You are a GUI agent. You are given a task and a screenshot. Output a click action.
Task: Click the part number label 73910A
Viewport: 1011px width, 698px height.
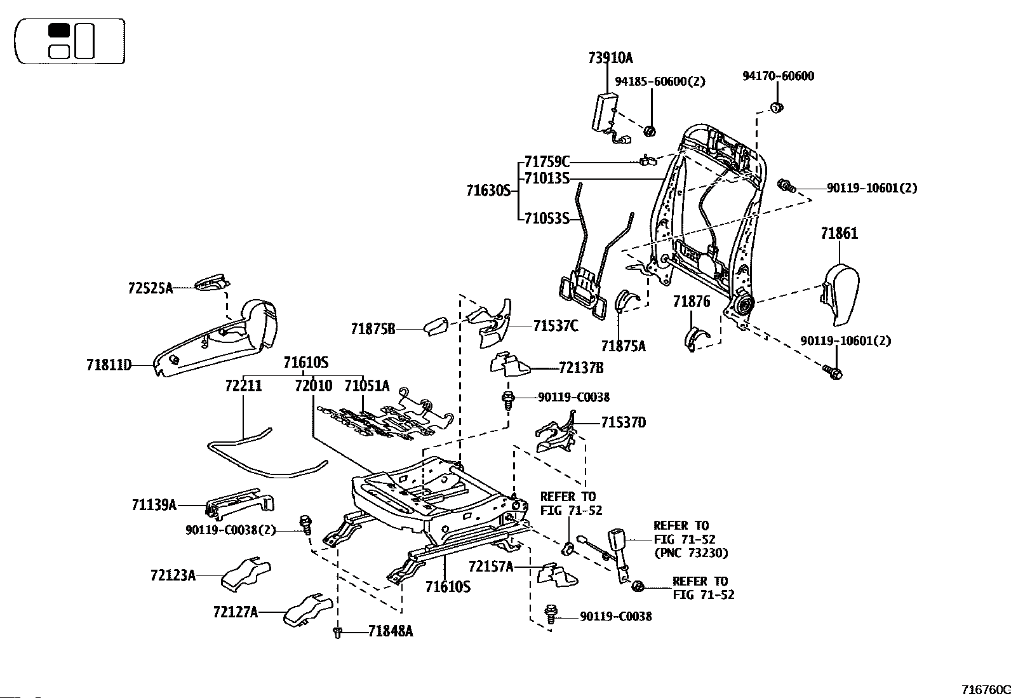tap(610, 58)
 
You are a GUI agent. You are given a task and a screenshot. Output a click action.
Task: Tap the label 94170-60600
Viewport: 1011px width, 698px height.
tap(778, 76)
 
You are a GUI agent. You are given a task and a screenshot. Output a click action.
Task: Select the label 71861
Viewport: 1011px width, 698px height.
tap(839, 233)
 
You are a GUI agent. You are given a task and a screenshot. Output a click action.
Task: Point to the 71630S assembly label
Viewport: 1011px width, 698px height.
tap(488, 191)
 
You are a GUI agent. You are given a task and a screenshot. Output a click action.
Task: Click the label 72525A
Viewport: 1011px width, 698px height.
tap(151, 288)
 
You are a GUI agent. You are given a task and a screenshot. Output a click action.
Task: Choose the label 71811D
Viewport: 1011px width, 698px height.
tap(109, 365)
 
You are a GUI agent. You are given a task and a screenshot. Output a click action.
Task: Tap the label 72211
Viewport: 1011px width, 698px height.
tap(243, 386)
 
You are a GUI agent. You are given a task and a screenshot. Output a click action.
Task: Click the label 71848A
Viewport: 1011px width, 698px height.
tap(391, 631)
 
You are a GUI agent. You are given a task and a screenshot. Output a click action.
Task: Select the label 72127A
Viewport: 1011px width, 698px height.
tap(236, 612)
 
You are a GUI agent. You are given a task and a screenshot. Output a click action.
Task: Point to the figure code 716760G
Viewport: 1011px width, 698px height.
tap(986, 690)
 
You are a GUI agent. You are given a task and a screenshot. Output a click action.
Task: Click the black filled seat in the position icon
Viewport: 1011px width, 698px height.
tap(58, 30)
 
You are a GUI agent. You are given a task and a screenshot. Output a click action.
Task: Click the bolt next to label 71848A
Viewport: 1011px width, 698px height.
tap(337, 632)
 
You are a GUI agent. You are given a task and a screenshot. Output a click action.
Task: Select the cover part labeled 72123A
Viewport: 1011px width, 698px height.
tap(246, 574)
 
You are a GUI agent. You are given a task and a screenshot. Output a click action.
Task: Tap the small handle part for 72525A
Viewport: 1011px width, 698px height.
tap(211, 283)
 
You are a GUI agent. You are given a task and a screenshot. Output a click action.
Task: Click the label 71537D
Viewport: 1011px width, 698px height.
tap(623, 423)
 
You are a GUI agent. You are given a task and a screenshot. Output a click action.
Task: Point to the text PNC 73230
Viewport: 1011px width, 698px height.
tap(691, 553)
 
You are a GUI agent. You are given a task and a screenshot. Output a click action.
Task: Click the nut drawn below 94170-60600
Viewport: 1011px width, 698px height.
tap(776, 108)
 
